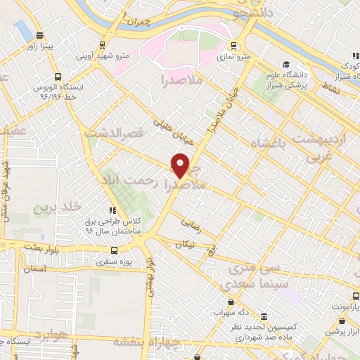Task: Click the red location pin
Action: coord(181,165)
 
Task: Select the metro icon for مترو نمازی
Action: coord(233,46)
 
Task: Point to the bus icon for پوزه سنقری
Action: coord(114,250)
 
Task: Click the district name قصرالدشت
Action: coord(113,131)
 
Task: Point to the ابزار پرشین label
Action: coord(342,330)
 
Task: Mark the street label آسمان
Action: coord(34,269)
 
